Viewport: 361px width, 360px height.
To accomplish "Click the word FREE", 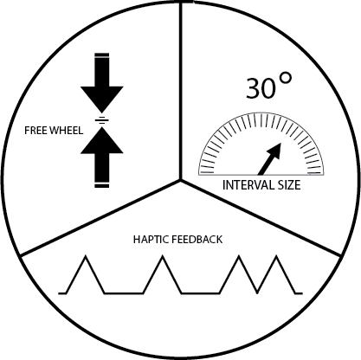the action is (x=35, y=131).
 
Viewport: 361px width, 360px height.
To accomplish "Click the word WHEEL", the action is (x=66, y=131).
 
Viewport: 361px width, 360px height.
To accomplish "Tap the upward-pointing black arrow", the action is (x=102, y=155).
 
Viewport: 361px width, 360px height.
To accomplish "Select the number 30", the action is (x=261, y=88).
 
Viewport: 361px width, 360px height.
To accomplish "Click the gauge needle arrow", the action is (x=269, y=158).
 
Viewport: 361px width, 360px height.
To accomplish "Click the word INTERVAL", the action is (x=247, y=185).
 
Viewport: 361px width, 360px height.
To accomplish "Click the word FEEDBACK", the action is (x=197, y=240).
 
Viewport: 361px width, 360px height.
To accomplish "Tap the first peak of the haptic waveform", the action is (x=86, y=256).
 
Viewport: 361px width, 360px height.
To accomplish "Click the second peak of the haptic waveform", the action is (x=163, y=256).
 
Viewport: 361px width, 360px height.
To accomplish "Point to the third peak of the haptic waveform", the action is (x=239, y=256).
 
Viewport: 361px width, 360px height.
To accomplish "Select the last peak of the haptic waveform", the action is (x=276, y=256).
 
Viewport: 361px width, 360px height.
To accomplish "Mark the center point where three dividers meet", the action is (x=181, y=180).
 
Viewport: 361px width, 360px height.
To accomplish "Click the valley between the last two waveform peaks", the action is (x=257, y=292).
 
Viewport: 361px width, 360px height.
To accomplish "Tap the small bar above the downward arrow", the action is (x=102, y=55).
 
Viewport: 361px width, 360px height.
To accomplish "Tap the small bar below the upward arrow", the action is (x=102, y=185).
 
